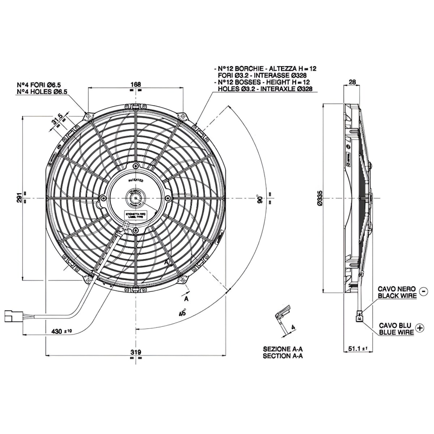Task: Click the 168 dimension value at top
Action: pos(136,84)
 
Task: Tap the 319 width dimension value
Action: pos(135,352)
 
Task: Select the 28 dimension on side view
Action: pos(352,82)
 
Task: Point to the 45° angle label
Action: pos(182,313)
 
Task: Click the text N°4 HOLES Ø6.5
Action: pos(42,92)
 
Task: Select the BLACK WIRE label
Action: pos(397,295)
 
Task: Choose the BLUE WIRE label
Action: pos(396,332)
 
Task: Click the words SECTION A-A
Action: pos(283,356)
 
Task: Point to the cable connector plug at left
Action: pos(13,315)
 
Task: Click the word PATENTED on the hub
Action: pos(136,180)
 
